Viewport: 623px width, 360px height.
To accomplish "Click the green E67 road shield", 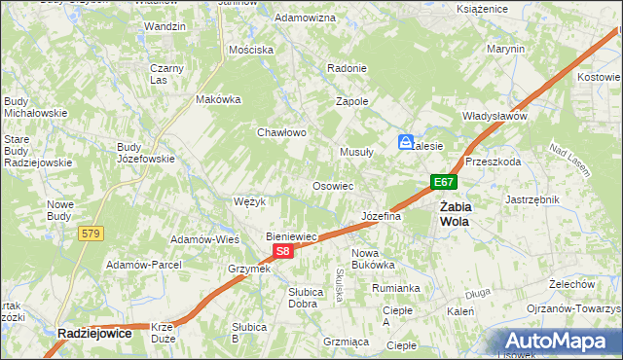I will [444, 182].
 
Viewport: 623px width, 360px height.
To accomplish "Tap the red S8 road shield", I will [282, 251].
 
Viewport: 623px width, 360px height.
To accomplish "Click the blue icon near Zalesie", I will [405, 142].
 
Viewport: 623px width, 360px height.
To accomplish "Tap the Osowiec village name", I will [332, 185].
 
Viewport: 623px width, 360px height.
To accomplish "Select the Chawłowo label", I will [282, 132].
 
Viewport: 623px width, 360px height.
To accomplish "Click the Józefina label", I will [381, 216].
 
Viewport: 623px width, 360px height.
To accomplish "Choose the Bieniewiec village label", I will [292, 236].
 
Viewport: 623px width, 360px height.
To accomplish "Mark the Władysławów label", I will [495, 116].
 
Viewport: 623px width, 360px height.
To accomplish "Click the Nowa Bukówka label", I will [372, 258].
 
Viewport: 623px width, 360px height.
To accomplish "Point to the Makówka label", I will [218, 99].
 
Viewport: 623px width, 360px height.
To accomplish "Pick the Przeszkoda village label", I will [493, 162].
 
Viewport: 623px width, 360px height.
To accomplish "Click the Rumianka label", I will [395, 288].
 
